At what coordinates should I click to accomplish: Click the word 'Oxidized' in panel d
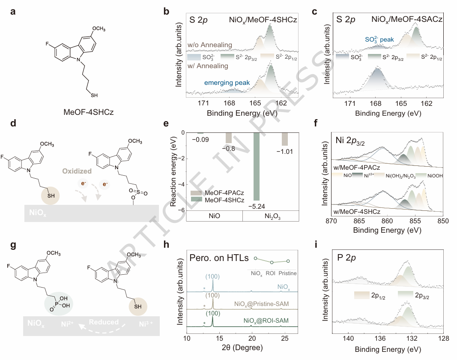pos(78,171)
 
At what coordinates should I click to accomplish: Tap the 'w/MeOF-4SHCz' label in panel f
pos(352,212)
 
